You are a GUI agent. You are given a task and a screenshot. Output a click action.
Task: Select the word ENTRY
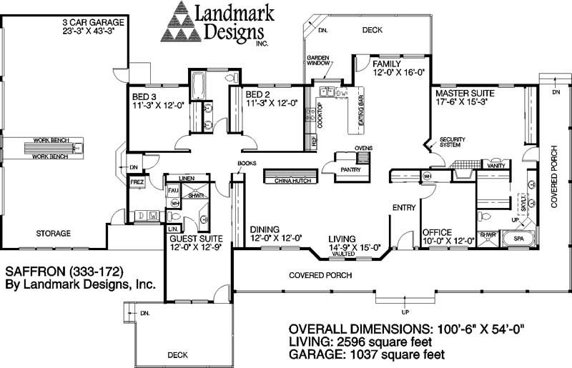(x=403, y=207)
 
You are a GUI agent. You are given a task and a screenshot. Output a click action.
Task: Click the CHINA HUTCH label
(x=291, y=181)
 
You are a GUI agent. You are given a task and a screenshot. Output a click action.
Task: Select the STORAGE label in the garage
(x=53, y=233)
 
